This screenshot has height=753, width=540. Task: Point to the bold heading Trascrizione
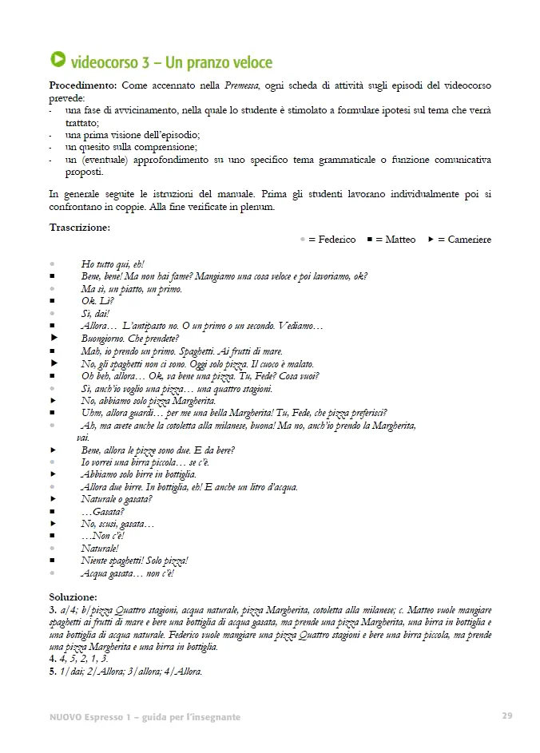pyautogui.click(x=80, y=228)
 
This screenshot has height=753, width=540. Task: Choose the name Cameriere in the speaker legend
pyautogui.click(x=470, y=240)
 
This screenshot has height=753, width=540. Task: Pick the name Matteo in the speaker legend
pyautogui.click(x=400, y=240)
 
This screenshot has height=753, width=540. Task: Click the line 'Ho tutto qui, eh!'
pyautogui.click(x=113, y=264)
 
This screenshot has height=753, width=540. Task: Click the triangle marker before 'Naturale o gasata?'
pyautogui.click(x=54, y=499)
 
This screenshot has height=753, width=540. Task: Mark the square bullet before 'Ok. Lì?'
pyautogui.click(x=53, y=301)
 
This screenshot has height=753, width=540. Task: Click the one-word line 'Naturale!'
pyautogui.click(x=99, y=549)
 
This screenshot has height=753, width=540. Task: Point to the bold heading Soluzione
pyautogui.click(x=73, y=596)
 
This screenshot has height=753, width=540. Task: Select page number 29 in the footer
pyautogui.click(x=507, y=715)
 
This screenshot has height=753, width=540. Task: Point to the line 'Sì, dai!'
pyautogui.click(x=95, y=314)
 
